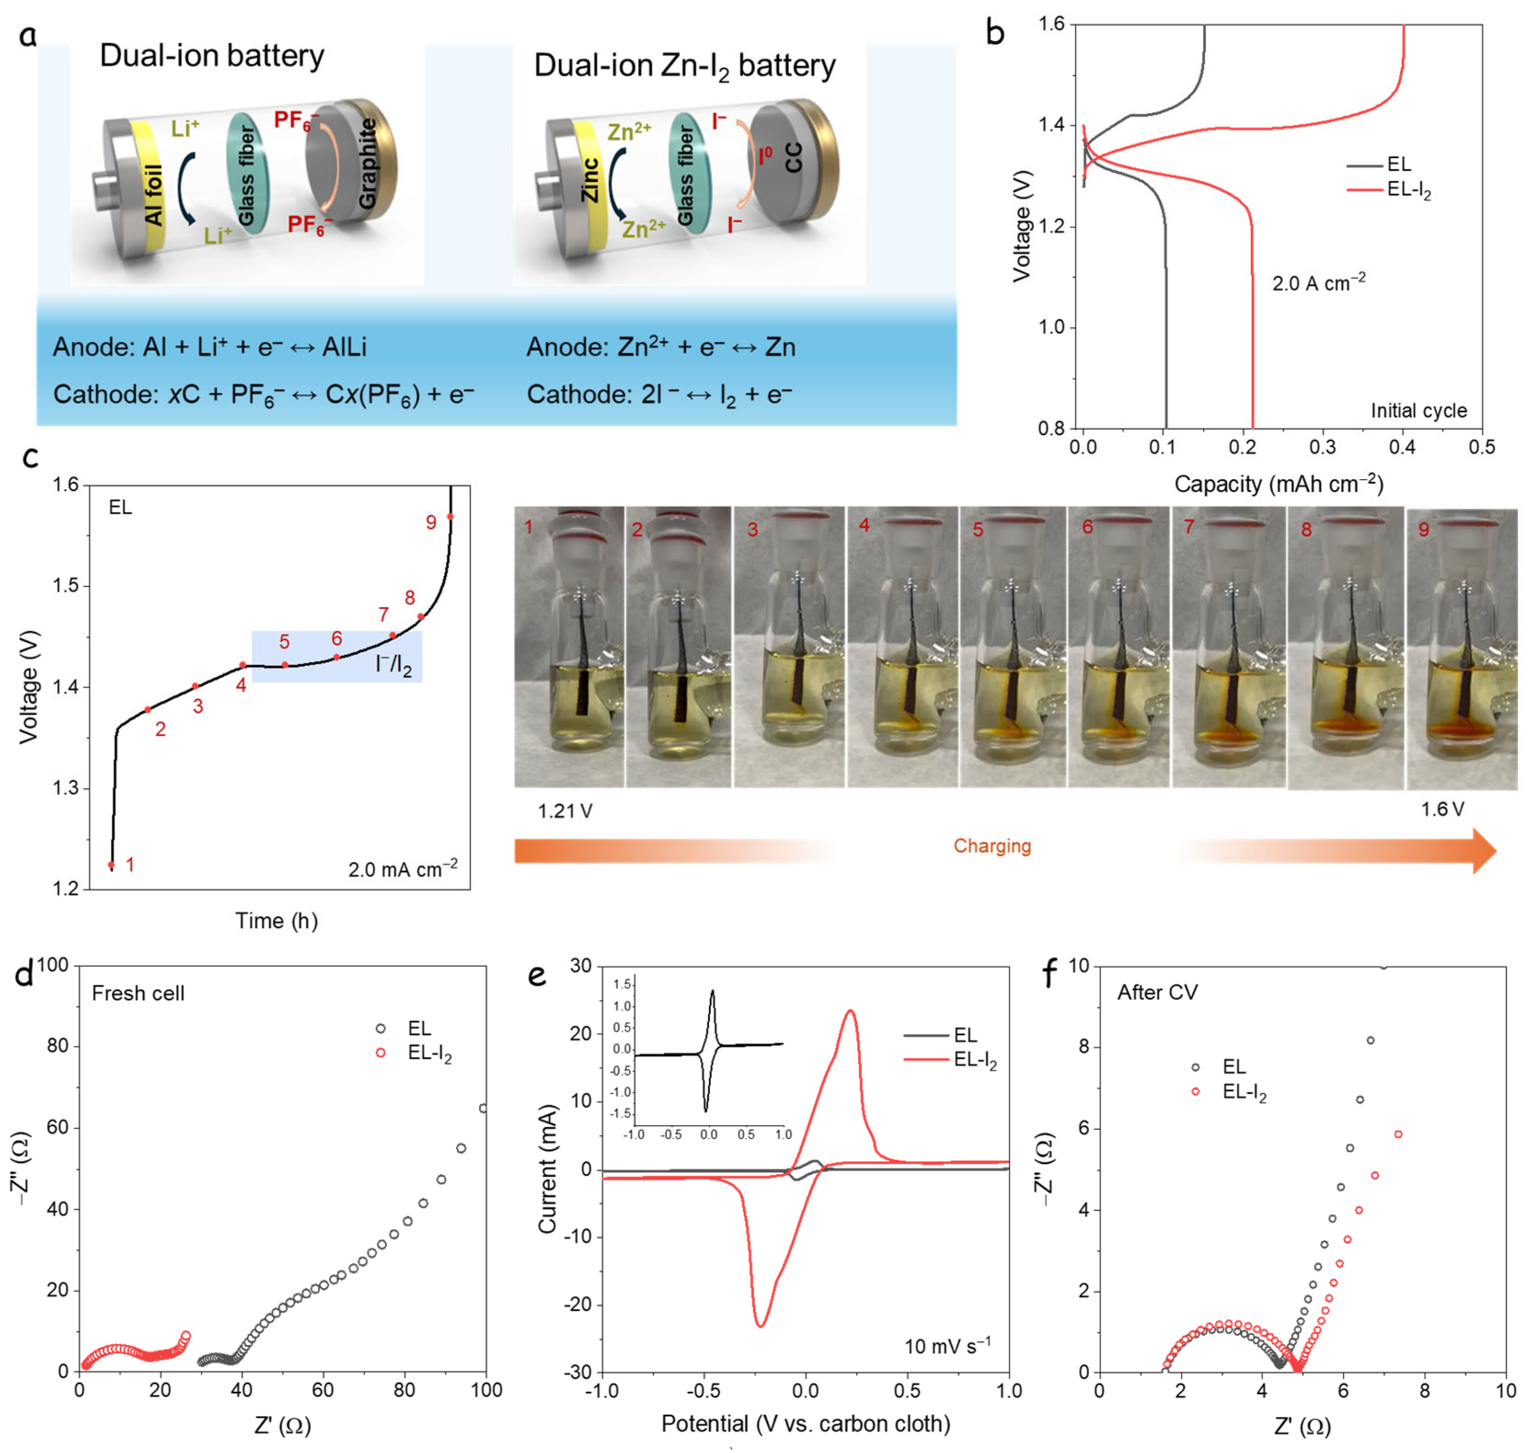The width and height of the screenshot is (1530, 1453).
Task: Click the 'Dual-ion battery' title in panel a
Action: click(211, 56)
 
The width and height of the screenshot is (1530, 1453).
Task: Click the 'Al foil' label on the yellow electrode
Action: click(154, 195)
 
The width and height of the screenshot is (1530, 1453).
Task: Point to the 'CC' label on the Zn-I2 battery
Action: click(794, 157)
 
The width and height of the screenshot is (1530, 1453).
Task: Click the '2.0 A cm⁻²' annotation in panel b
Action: click(1318, 283)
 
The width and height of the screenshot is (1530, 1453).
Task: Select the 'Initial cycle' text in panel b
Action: click(1418, 411)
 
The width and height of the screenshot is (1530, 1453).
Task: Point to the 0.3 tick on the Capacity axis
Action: click(1322, 447)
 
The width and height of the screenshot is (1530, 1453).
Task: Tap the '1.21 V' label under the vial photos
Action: click(565, 811)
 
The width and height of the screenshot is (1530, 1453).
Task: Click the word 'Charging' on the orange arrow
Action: click(992, 846)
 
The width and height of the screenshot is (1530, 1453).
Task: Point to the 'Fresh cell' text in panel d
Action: click(138, 993)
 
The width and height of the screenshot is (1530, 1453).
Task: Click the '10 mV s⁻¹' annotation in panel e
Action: click(946, 1346)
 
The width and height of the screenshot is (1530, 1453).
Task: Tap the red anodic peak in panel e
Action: click(850, 1011)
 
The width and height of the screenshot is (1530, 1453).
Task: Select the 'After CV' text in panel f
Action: click(1157, 992)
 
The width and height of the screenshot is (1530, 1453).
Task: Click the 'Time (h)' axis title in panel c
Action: click(276, 921)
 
